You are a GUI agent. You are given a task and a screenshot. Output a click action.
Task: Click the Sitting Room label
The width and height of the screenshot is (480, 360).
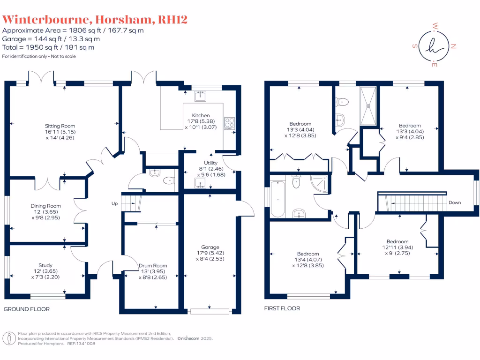coord(60,126)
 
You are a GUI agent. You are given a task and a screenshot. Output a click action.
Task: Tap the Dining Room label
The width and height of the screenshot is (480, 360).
coord(46,206)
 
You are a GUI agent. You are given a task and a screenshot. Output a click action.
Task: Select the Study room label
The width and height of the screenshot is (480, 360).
coord(45,265)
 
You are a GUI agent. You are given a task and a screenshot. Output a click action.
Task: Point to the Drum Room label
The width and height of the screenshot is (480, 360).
coord(153,266)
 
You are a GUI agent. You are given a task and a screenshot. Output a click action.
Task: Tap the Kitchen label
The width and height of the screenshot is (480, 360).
coord(201,115)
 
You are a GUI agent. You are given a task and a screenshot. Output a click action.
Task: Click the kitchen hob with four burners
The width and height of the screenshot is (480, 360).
coord(230,123)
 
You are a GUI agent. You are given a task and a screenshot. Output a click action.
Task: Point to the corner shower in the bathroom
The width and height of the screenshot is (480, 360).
coord(320,183)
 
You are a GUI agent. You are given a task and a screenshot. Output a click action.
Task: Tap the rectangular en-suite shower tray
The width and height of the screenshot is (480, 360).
coord(368,105)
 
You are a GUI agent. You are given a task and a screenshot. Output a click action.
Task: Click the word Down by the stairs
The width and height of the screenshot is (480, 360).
coord(455,202)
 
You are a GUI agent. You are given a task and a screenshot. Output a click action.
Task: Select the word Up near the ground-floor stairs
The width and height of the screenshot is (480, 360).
coord(114,203)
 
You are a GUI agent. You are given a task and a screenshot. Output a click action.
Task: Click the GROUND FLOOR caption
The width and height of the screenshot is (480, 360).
coord(27,309)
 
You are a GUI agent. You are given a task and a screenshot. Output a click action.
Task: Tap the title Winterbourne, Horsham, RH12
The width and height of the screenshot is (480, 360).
coord(96,19)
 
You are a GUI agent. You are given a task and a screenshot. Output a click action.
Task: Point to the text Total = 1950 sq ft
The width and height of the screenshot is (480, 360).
coord(48,47)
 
